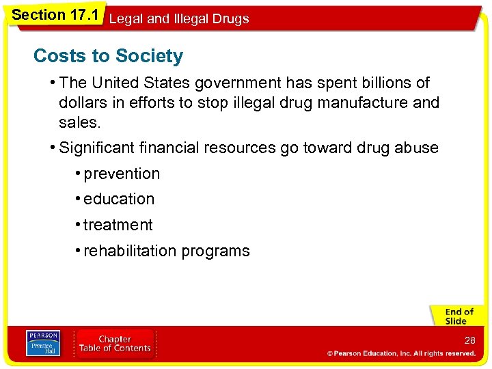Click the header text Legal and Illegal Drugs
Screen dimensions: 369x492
179,18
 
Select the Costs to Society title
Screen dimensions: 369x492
108,56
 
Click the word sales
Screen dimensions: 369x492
79,123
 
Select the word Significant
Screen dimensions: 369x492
96,148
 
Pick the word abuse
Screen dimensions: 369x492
415,148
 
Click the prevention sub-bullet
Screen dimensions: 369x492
122,174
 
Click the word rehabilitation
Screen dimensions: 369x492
131,251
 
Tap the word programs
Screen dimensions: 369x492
216,251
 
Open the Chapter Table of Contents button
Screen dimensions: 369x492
115,344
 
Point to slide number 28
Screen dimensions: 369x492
469,340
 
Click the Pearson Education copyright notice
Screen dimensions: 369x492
401,353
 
